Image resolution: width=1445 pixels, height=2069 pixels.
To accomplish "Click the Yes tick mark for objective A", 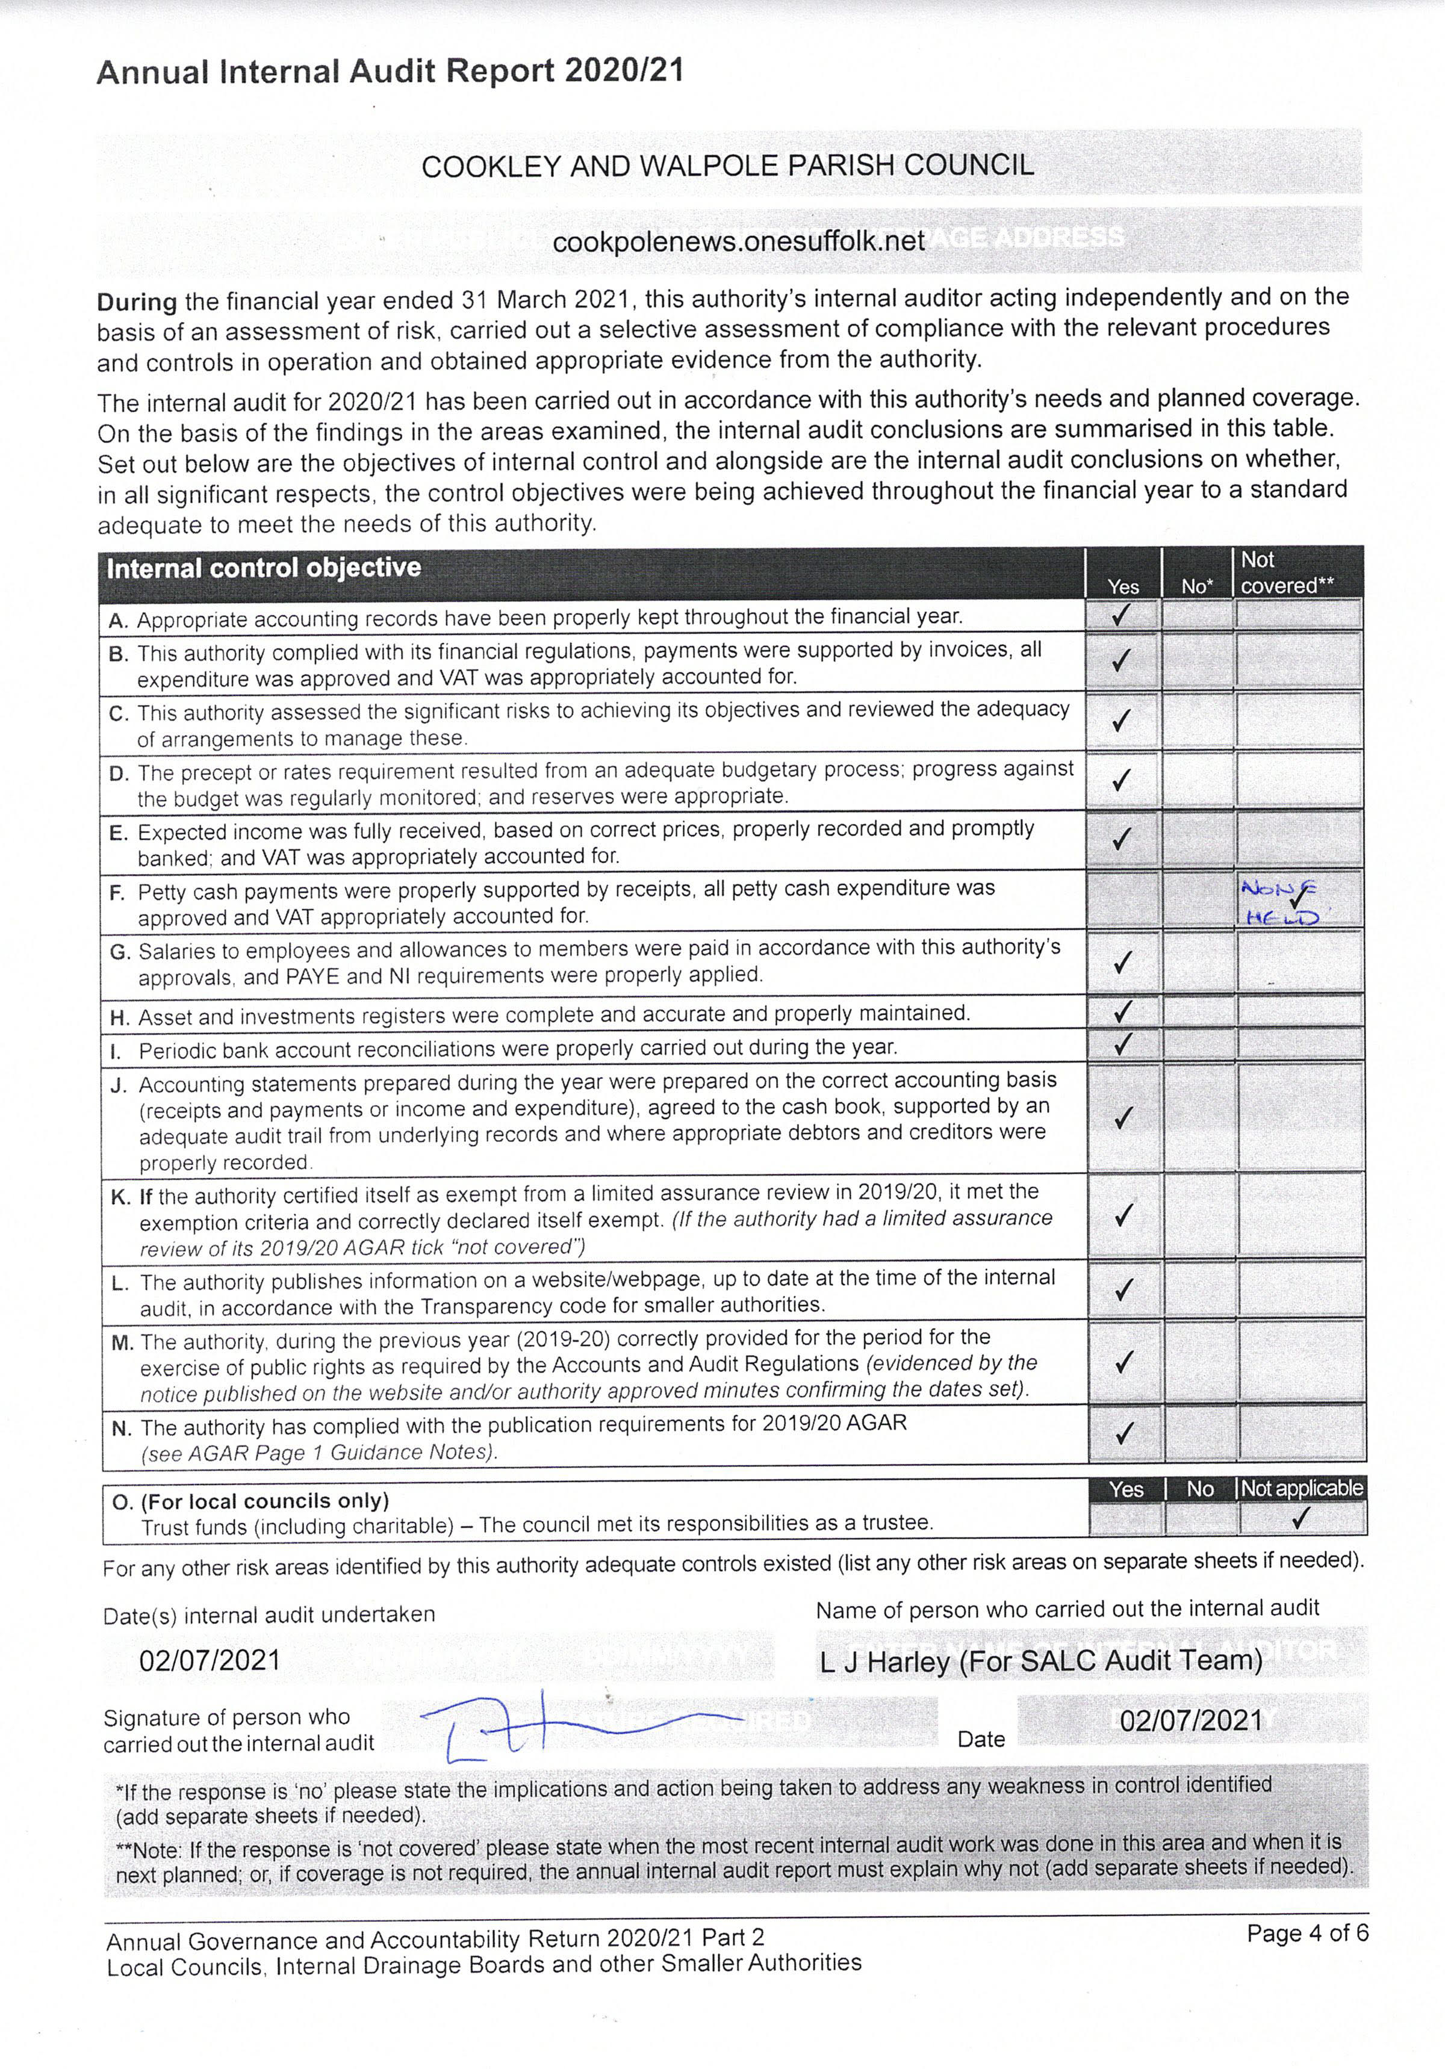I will [x=1122, y=615].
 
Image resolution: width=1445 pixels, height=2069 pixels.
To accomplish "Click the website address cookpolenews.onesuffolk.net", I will [x=738, y=241].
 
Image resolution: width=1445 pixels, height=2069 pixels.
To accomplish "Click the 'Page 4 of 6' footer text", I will [x=1307, y=1933].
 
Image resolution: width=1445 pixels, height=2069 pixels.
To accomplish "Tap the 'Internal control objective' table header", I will [x=264, y=569].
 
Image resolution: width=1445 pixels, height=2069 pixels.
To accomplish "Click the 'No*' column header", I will [x=1197, y=587].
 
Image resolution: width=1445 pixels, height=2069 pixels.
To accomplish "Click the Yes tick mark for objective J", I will [x=1122, y=1118].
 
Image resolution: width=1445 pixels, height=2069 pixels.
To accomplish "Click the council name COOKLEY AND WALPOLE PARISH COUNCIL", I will [x=727, y=166].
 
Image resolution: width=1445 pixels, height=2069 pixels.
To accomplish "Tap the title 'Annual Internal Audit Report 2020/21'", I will [x=390, y=71].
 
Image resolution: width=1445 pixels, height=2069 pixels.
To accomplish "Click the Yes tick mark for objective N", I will [x=1123, y=1432].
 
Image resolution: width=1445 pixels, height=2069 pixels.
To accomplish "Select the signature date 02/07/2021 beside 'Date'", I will [x=1191, y=1720].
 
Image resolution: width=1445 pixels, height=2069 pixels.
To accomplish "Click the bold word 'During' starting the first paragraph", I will [x=137, y=301].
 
